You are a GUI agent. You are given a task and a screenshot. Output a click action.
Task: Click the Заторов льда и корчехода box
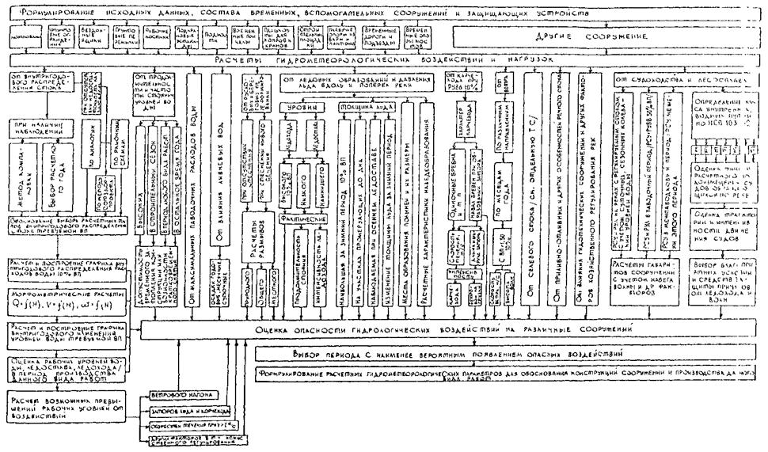(x=188, y=412)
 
